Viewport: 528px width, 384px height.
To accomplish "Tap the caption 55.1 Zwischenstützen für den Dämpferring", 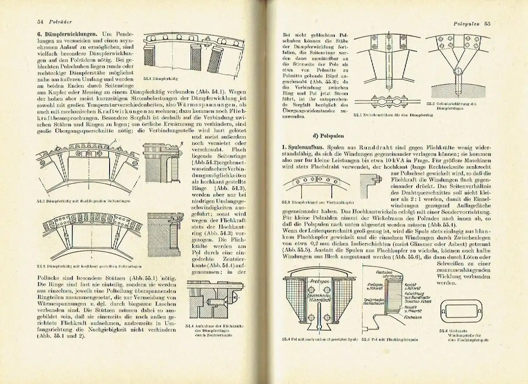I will click(393, 115).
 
